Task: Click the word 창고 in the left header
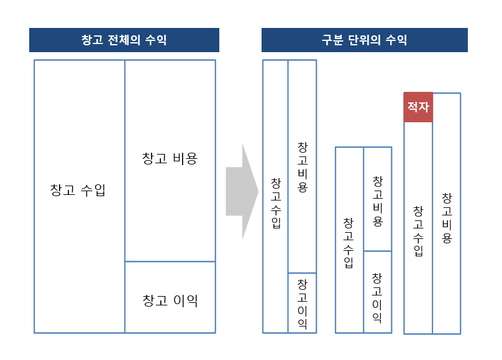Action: click(x=92, y=40)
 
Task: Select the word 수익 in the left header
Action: click(x=156, y=40)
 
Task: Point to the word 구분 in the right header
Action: click(x=332, y=40)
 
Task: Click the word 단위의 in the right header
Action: click(x=364, y=40)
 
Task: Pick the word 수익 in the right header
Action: click(x=396, y=40)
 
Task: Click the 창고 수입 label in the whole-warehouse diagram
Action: click(x=78, y=190)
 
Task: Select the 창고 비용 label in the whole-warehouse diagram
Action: click(x=170, y=158)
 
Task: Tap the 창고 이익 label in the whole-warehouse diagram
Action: click(x=170, y=300)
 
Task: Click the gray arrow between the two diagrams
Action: click(x=242, y=192)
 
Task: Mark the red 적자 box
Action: click(x=418, y=107)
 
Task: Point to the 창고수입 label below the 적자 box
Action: click(x=418, y=231)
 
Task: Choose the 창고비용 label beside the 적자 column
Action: click(x=447, y=218)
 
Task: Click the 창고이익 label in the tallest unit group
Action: click(x=303, y=304)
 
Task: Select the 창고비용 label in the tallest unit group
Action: click(x=303, y=167)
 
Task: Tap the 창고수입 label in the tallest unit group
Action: click(x=276, y=203)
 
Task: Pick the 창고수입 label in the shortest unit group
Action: click(x=349, y=243)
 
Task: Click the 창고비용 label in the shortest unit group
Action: click(x=378, y=201)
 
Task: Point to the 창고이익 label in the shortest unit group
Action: click(x=377, y=298)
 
